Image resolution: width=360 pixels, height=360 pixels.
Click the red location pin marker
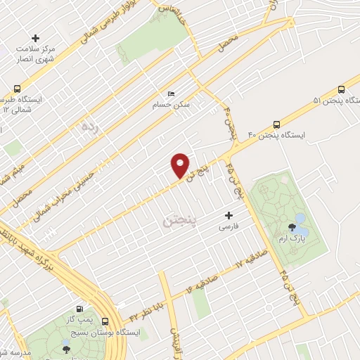(181, 164)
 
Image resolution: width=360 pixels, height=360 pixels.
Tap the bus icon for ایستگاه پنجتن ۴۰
(277, 122)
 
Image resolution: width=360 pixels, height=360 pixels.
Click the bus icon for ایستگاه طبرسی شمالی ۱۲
(17, 89)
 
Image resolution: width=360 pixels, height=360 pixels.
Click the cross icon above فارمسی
(227, 215)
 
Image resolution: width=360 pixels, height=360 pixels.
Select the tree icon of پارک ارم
(292, 226)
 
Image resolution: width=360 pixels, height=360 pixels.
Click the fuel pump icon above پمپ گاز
(79, 309)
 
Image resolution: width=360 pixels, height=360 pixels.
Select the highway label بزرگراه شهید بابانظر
(23, 249)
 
